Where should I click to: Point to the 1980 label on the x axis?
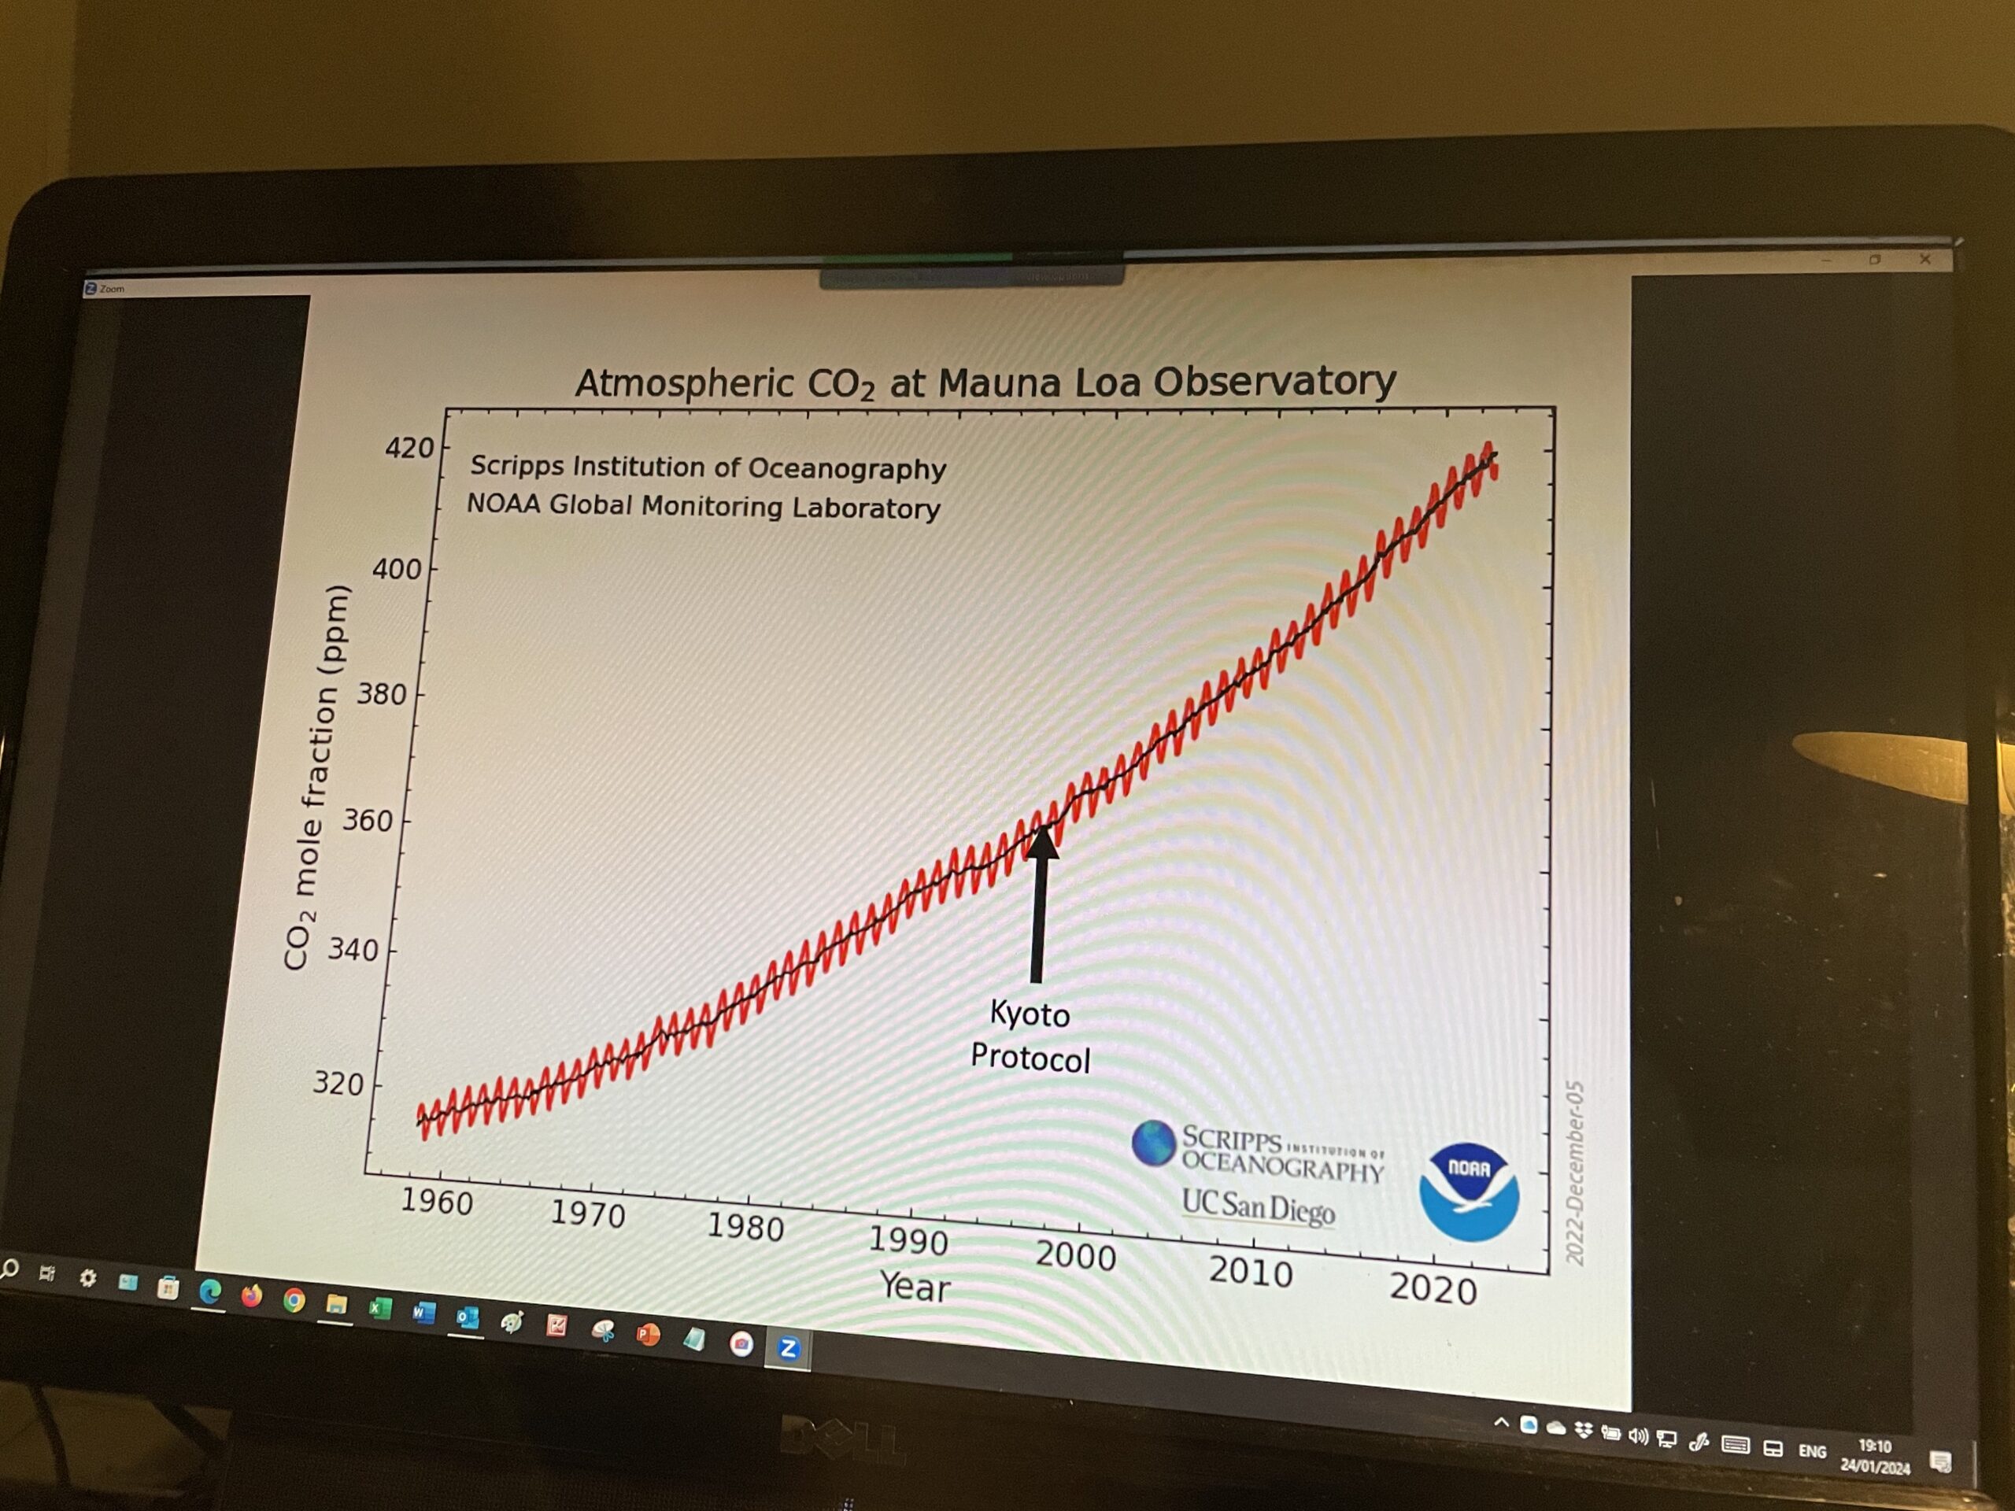[x=745, y=1228]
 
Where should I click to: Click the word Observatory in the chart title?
[x=1274, y=381]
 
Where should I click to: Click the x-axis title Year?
[x=915, y=1287]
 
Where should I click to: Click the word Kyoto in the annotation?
[x=1030, y=1014]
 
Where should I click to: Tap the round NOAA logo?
[x=1469, y=1191]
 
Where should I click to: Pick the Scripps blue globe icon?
[x=1153, y=1142]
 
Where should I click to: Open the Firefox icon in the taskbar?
[x=251, y=1295]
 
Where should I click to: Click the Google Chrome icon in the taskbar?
[x=294, y=1301]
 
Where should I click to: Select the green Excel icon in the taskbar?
[x=379, y=1309]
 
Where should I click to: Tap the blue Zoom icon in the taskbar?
[x=789, y=1347]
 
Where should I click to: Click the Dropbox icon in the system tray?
[x=1583, y=1431]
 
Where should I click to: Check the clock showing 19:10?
[x=1875, y=1446]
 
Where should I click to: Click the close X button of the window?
[x=1924, y=260]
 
